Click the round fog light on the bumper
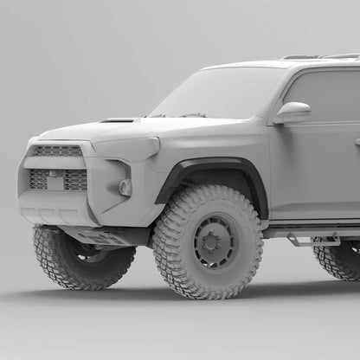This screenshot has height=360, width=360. coord(125,187)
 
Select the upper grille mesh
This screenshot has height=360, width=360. coord(57,151)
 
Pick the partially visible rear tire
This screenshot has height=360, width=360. coord(339,260)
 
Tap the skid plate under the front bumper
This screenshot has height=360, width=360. coord(95,235)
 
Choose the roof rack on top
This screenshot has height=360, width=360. coord(320,57)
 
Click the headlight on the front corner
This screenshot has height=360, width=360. coord(130,147)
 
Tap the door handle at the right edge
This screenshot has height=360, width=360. coord(356,141)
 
